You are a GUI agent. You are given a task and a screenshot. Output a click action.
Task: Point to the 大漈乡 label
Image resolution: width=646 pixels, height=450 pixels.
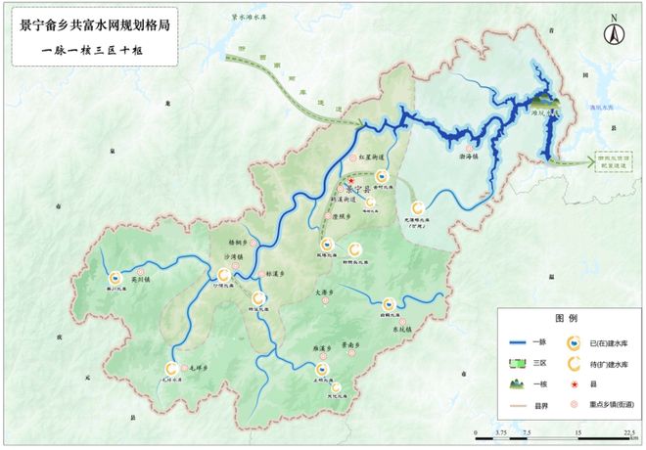(x=326, y=292)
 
